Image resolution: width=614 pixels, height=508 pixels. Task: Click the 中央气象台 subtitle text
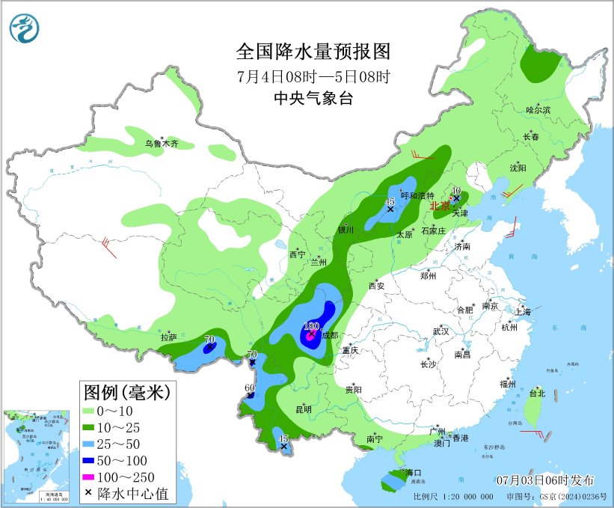[x=313, y=99]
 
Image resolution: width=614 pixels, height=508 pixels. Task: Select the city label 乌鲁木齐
[x=162, y=143]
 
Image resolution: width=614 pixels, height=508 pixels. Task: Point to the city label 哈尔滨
[x=538, y=110]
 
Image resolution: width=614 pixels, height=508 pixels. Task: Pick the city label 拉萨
[x=168, y=337]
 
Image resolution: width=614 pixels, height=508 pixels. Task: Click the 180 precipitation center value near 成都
[x=312, y=326]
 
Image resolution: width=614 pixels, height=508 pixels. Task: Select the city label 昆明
[x=303, y=409]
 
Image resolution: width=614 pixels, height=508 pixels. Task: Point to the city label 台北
[x=537, y=393]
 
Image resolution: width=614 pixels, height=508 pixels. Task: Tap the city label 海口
[x=414, y=473]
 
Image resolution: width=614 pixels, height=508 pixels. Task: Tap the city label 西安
[x=375, y=286]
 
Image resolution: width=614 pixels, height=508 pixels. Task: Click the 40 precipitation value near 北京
[x=455, y=191]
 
